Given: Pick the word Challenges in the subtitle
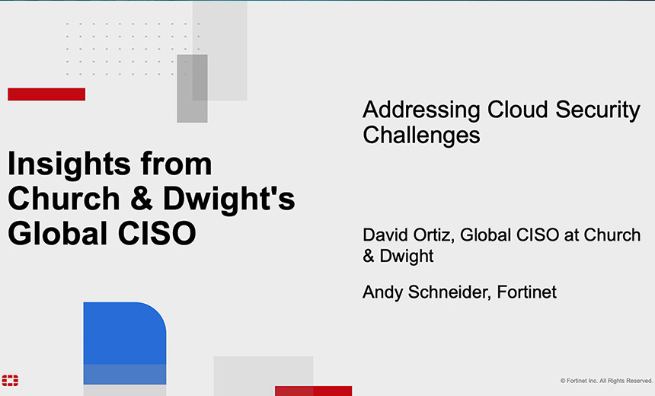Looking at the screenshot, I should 421,135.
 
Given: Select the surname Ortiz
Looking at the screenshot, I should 434,235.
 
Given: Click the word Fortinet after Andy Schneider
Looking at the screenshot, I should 527,292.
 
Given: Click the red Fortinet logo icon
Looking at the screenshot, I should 10,380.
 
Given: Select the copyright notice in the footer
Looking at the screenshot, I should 606,380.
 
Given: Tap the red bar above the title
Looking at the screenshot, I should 46,94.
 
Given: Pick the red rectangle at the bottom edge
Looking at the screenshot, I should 313,391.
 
